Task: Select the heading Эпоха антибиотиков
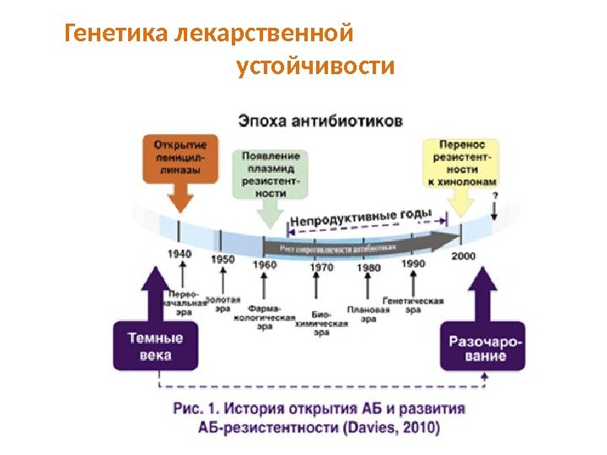320,120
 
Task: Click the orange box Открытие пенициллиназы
179,158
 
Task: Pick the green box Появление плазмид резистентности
270,174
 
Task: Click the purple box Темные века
155,346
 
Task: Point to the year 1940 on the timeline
179,253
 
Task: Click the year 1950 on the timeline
223,259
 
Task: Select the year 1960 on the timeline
264,265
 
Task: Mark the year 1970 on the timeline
321,267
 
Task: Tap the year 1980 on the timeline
369,267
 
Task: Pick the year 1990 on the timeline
413,264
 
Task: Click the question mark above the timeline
494,195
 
